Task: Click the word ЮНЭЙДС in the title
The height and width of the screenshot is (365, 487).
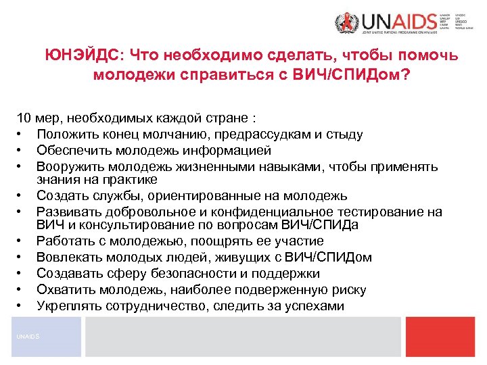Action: point(83,55)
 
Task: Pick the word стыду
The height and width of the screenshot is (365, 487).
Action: point(345,135)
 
